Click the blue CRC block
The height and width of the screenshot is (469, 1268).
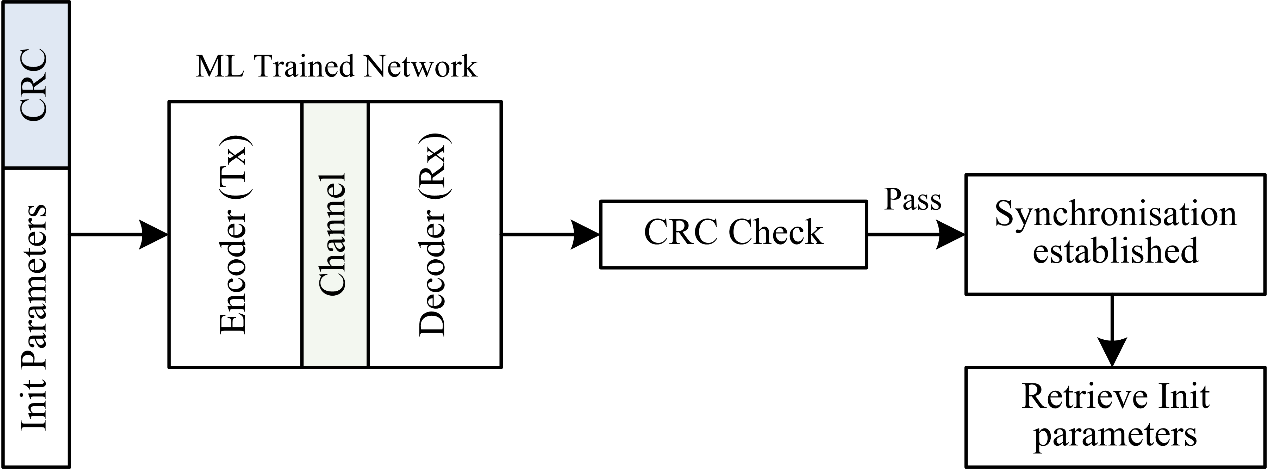36,85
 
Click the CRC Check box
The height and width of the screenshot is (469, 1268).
733,234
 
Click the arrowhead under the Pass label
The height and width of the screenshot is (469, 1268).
950,235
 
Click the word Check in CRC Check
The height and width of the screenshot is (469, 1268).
775,232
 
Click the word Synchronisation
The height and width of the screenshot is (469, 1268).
1116,214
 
